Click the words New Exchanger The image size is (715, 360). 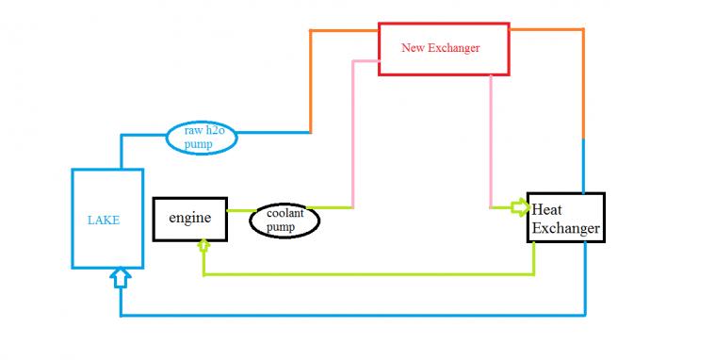[x=441, y=48]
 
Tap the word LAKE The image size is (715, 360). [x=104, y=221]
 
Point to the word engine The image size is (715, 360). [x=189, y=218]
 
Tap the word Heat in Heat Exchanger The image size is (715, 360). [x=546, y=209]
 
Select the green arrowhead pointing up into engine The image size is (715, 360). [x=203, y=245]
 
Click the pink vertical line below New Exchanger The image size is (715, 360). [x=491, y=141]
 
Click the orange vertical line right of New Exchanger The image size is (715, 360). [x=583, y=85]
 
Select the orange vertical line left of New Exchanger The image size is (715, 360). [x=311, y=81]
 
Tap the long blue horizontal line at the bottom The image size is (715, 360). [x=353, y=315]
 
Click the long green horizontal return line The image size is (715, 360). [x=369, y=274]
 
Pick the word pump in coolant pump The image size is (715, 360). [x=281, y=227]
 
